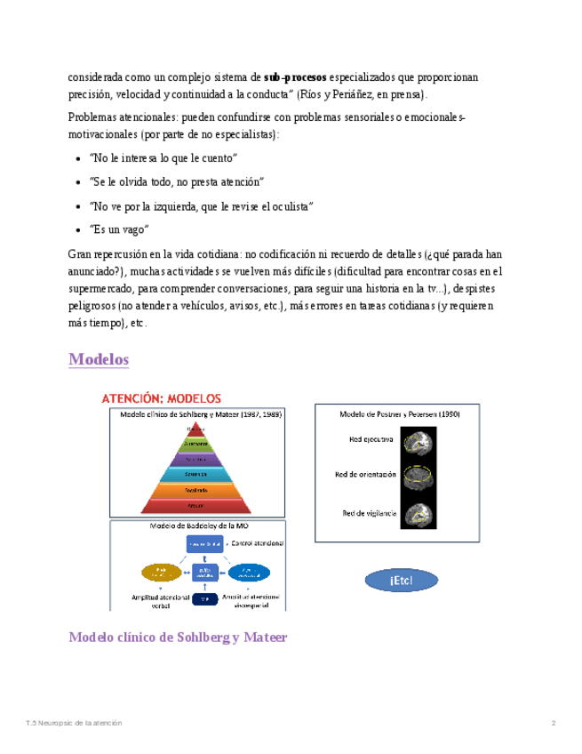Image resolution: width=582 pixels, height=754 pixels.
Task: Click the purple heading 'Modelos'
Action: pyautogui.click(x=99, y=360)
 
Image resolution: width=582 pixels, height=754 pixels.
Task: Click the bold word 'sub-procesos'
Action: pyautogui.click(x=295, y=77)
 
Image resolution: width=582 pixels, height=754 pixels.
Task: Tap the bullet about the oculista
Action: pyautogui.click(x=202, y=205)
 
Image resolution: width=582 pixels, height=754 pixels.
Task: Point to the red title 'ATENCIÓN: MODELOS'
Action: pyautogui.click(x=162, y=398)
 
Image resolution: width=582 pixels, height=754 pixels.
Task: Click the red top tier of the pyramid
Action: pyautogui.click(x=196, y=429)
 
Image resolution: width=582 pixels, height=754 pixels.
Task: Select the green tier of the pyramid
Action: pyautogui.click(x=196, y=444)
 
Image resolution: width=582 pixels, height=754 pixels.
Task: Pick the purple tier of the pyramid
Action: pyautogui.click(x=196, y=459)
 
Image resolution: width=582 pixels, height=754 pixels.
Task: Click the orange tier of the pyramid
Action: pyautogui.click(x=196, y=490)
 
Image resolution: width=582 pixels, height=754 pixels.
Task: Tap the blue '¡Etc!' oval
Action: pyautogui.click(x=401, y=581)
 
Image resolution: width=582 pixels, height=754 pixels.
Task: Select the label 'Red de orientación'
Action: pyautogui.click(x=365, y=475)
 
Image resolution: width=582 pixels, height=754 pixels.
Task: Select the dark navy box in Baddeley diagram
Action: pyautogui.click(x=204, y=599)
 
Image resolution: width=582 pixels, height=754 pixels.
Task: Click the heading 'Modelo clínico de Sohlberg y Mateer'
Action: pyautogui.click(x=178, y=638)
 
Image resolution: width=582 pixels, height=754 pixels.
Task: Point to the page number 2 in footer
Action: pyautogui.click(x=554, y=723)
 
